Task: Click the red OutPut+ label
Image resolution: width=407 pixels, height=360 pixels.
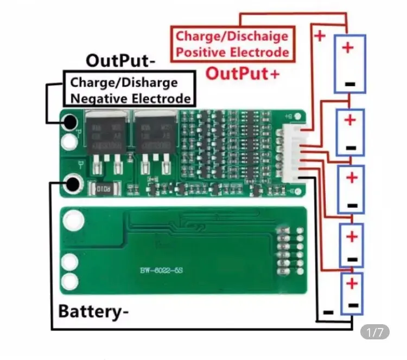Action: coord(243,73)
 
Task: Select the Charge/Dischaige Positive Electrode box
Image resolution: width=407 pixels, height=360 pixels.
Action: coord(232,44)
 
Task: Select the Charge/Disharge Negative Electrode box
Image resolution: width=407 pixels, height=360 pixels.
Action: coord(129,90)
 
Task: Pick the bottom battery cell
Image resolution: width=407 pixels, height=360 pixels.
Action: coord(353,294)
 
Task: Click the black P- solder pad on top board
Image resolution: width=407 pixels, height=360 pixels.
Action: coord(69,123)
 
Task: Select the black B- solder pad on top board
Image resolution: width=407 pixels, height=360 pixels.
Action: coord(72,184)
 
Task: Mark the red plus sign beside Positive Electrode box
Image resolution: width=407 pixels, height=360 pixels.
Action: coord(320,36)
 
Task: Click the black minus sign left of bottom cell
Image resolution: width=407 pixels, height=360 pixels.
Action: coord(327,312)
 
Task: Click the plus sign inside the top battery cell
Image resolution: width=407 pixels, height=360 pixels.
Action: coord(348,48)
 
